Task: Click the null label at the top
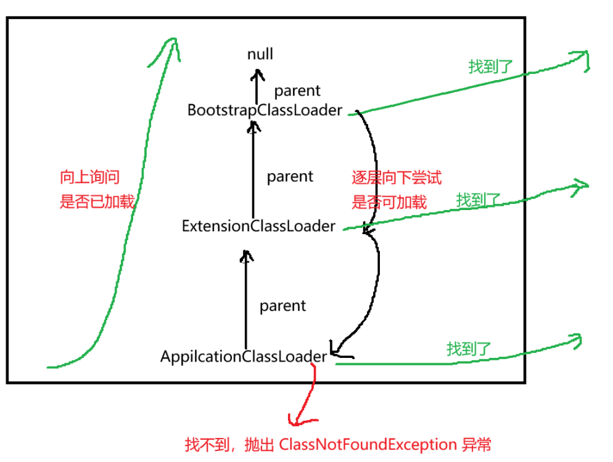(x=260, y=54)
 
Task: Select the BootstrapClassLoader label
(x=265, y=110)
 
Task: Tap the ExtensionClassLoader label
(x=258, y=226)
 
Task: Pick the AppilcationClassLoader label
(x=244, y=356)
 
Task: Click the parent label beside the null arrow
(x=297, y=91)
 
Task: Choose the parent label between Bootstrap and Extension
(x=290, y=177)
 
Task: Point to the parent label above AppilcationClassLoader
(x=282, y=306)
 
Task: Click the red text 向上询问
(x=89, y=177)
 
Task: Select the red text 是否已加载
(x=97, y=202)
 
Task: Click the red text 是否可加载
(x=389, y=202)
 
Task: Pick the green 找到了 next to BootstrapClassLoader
(x=491, y=66)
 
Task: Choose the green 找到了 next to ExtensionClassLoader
(x=478, y=200)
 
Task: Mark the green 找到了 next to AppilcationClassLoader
(x=469, y=349)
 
